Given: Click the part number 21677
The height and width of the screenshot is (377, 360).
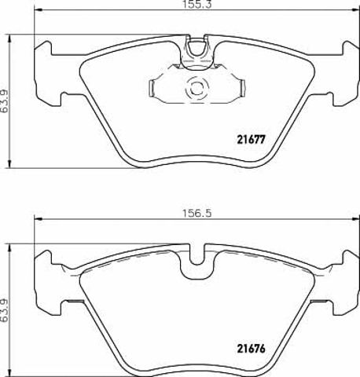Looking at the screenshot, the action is (x=252, y=140).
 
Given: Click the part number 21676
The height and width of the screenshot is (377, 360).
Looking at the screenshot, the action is (x=252, y=349).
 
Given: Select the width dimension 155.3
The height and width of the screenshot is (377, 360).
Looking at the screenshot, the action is (x=197, y=5).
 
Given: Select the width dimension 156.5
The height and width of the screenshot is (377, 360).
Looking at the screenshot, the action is (x=197, y=214).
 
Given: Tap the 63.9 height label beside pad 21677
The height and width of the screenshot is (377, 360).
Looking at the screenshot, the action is (x=5, y=101).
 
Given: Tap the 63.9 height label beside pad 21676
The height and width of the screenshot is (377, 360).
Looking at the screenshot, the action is (x=5, y=311).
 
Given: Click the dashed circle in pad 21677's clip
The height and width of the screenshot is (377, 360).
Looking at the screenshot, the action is (x=197, y=88).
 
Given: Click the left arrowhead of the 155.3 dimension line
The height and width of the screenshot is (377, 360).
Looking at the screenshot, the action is (x=39, y=10).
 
